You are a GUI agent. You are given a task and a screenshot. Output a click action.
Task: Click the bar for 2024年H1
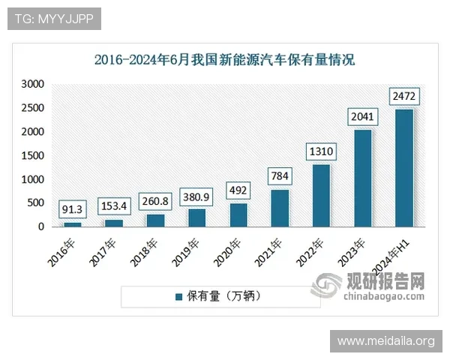404,168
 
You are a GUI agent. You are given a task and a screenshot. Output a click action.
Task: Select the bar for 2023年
363,178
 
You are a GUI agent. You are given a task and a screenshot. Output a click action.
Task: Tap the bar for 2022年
321,195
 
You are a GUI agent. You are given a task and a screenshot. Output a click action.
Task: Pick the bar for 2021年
280,208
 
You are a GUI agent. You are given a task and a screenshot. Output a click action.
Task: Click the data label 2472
404,97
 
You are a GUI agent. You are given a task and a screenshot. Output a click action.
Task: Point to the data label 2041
363,116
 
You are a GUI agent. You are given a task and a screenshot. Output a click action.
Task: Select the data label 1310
321,151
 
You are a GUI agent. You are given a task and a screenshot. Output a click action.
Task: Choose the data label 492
238,190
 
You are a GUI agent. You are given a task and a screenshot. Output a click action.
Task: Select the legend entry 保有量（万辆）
217,295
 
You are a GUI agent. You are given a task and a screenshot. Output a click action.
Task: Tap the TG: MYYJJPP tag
54,19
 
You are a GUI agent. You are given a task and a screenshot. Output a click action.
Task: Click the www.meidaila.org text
385,341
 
